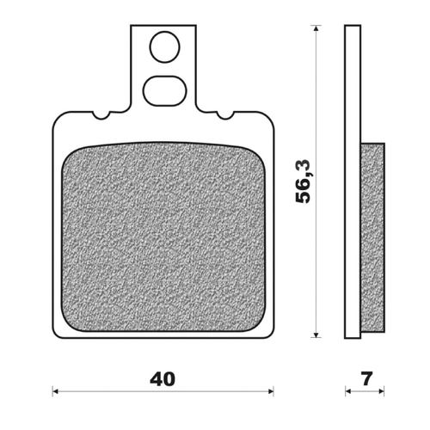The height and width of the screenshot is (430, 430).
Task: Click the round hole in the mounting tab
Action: tap(164, 48)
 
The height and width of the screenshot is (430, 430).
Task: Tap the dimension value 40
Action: tap(163, 379)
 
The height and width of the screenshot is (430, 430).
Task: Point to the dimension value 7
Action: tap(365, 379)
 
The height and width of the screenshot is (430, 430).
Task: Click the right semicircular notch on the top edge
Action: tap(225, 114)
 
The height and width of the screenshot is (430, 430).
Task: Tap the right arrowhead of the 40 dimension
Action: tap(271, 391)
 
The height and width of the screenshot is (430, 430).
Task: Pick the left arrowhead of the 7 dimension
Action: tap(348, 391)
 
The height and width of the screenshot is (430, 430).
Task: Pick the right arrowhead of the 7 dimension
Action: tap(381, 391)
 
